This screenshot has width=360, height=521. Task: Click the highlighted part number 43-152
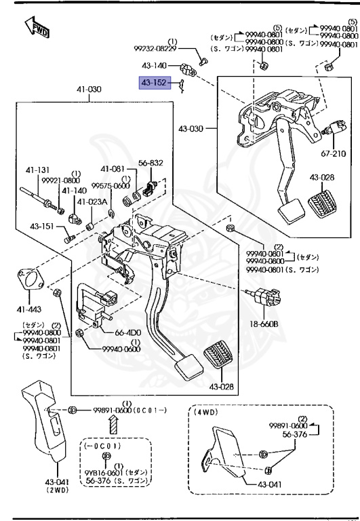[153, 83]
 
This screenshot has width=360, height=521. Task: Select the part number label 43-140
[153, 66]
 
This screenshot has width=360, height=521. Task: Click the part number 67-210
[334, 154]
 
